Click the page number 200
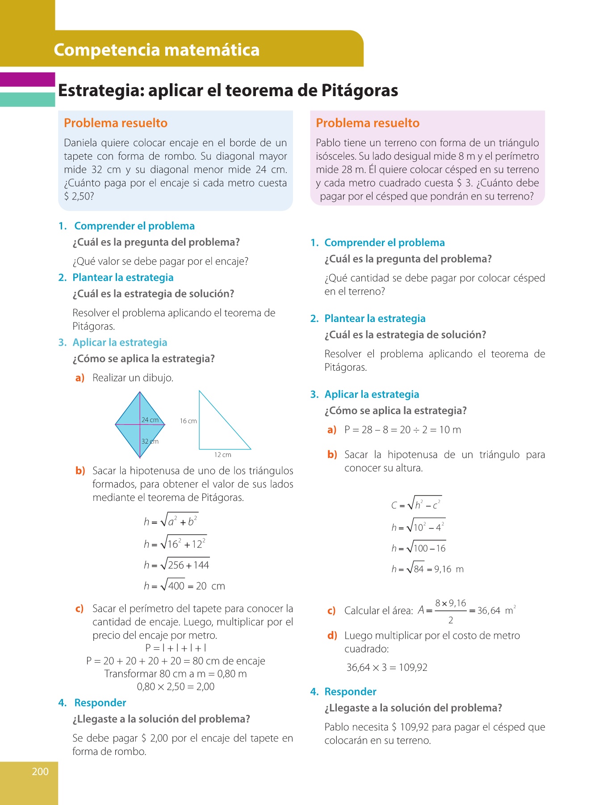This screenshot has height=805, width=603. click(x=40, y=771)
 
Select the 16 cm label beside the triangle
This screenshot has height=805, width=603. click(x=188, y=421)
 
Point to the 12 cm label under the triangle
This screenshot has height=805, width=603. click(x=222, y=455)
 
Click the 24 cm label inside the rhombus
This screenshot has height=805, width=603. click(x=150, y=420)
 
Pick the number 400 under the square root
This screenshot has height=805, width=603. click(x=176, y=586)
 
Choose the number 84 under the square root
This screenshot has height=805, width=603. click(x=419, y=569)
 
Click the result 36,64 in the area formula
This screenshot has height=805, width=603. click(x=489, y=610)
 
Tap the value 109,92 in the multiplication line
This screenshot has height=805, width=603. click(x=413, y=667)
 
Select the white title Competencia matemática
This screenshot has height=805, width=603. click(x=156, y=50)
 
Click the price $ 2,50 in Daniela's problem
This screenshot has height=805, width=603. click(x=79, y=196)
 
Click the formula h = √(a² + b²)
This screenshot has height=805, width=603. click(x=171, y=521)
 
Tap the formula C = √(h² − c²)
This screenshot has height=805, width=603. click(x=416, y=504)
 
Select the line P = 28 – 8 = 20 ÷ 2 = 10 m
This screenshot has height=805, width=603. click(x=402, y=430)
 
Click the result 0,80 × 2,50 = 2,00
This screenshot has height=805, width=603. click(x=176, y=686)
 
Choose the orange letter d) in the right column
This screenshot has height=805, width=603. click(x=332, y=636)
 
